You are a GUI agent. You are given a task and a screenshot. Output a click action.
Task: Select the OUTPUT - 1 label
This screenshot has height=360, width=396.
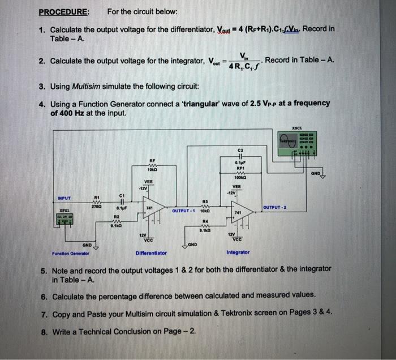coord(184,211)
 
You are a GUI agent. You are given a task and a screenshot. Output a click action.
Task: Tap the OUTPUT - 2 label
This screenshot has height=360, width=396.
coord(276,208)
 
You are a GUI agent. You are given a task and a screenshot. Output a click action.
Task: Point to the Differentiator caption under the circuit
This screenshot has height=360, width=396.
coord(152,252)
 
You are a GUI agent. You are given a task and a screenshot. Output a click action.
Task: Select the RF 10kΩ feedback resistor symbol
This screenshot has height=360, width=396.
coord(152,164)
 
